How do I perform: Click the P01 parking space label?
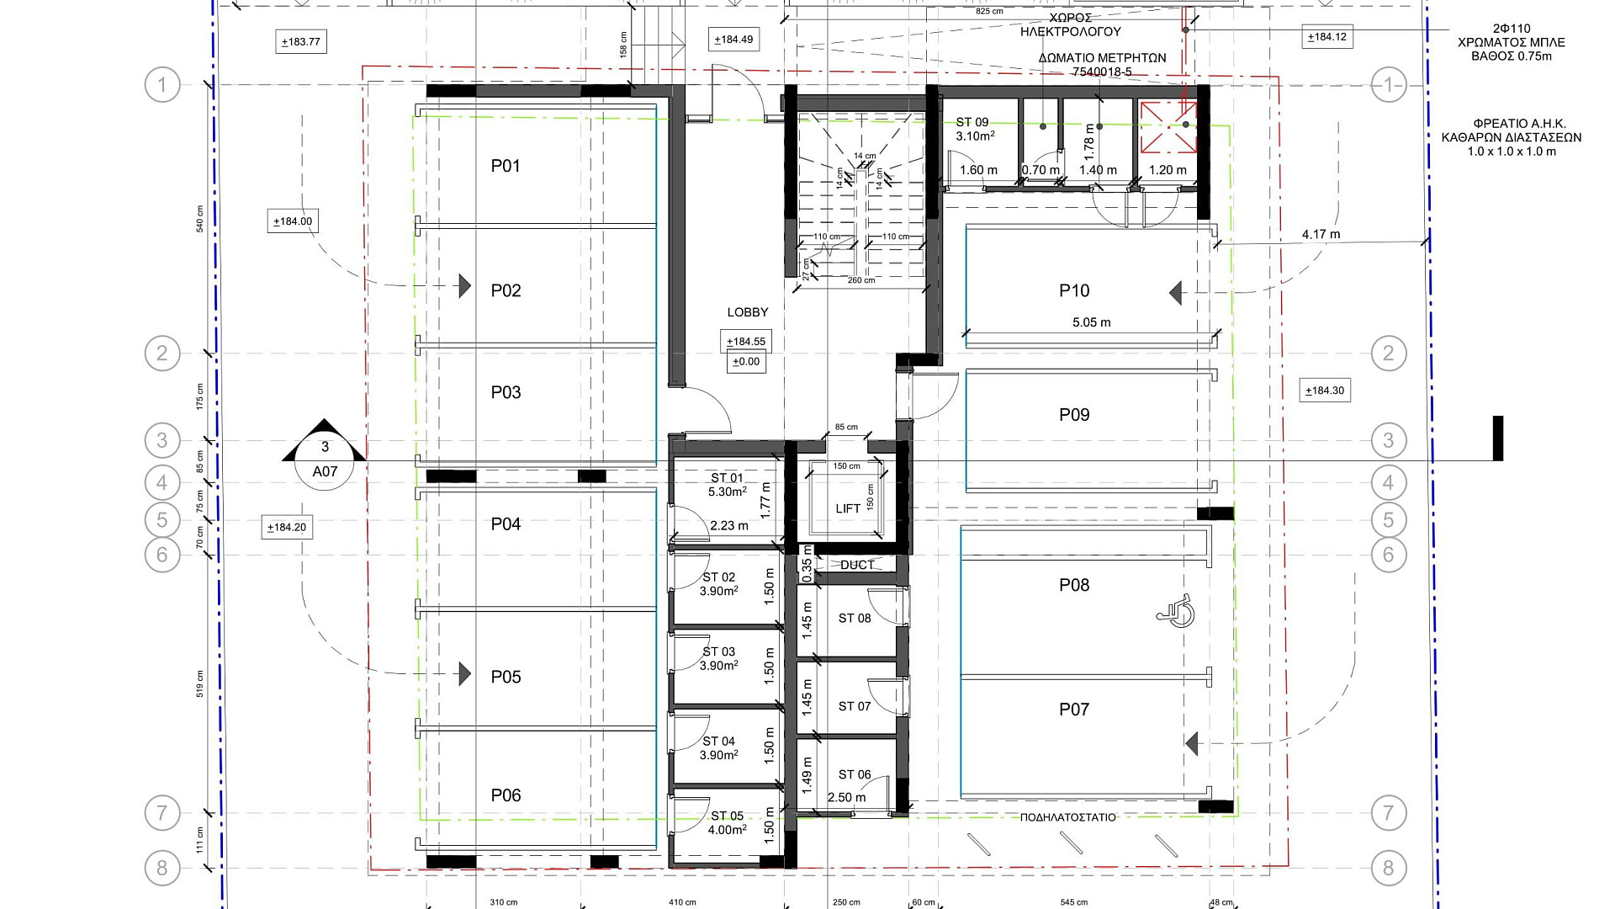pos(506,166)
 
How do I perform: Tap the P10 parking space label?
pos(1074,290)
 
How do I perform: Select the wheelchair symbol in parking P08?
pos(1176,610)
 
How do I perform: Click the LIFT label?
pos(848,508)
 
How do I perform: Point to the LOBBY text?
pos(748,312)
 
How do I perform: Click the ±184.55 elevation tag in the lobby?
pos(746,342)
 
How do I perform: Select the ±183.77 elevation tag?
pos(301,42)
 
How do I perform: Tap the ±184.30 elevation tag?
pos(1325,391)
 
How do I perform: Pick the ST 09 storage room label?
pos(972,123)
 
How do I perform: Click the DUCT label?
pos(857,565)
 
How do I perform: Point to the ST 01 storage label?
pos(728,478)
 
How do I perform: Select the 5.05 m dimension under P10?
pos(1092,322)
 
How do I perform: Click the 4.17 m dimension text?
pos(1321,234)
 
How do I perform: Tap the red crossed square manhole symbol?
pos(1168,127)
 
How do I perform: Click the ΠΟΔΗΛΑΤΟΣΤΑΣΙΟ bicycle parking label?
pos(1068,817)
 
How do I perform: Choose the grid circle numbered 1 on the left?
pos(162,85)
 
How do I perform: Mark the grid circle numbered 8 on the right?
pos(1388,868)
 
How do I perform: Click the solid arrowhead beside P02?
pos(465,286)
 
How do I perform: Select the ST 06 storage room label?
pos(855,774)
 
